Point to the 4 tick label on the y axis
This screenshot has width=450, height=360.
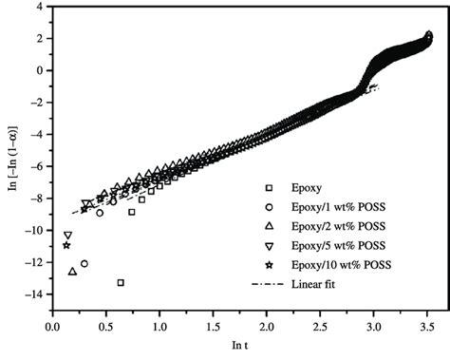(x=37, y=6)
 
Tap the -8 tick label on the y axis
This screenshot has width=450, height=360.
(x=35, y=199)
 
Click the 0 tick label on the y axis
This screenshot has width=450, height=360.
(x=37, y=70)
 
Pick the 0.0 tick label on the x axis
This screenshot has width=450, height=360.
(x=52, y=327)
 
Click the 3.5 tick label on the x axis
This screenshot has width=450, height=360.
(x=428, y=327)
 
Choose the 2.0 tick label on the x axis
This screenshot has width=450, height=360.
(x=267, y=327)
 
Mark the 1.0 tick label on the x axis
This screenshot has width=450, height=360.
(x=159, y=327)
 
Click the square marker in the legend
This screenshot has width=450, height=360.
(x=269, y=187)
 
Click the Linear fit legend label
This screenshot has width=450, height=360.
(x=318, y=283)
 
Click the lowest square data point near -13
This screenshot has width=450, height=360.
(x=121, y=282)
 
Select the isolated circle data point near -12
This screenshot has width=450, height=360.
(x=84, y=264)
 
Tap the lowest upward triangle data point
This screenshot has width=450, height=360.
(x=73, y=272)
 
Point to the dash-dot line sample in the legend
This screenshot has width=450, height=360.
(x=269, y=283)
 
